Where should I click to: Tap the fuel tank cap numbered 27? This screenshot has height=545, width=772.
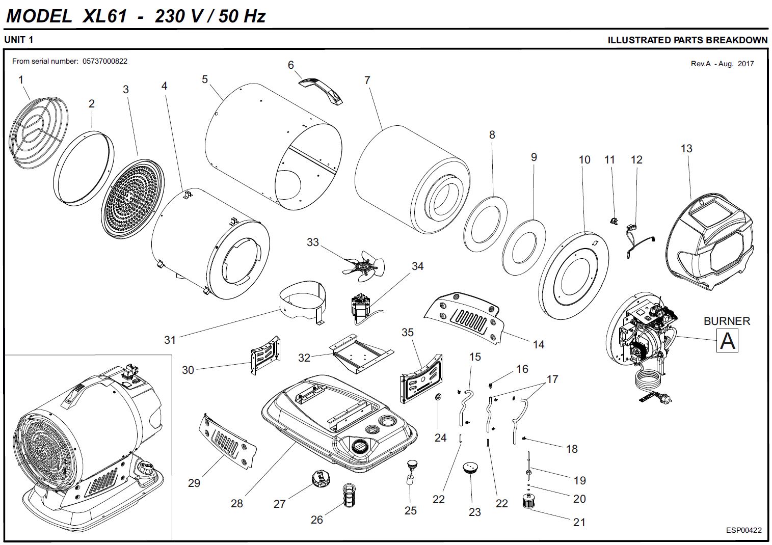tap(322, 479)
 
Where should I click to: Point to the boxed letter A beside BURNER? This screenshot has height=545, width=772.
tap(727, 340)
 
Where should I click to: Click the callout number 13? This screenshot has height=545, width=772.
tap(686, 149)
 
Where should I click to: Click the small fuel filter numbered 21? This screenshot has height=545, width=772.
tap(528, 501)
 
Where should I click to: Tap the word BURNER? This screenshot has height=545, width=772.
tap(727, 321)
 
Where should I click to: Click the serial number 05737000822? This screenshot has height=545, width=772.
tap(105, 61)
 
